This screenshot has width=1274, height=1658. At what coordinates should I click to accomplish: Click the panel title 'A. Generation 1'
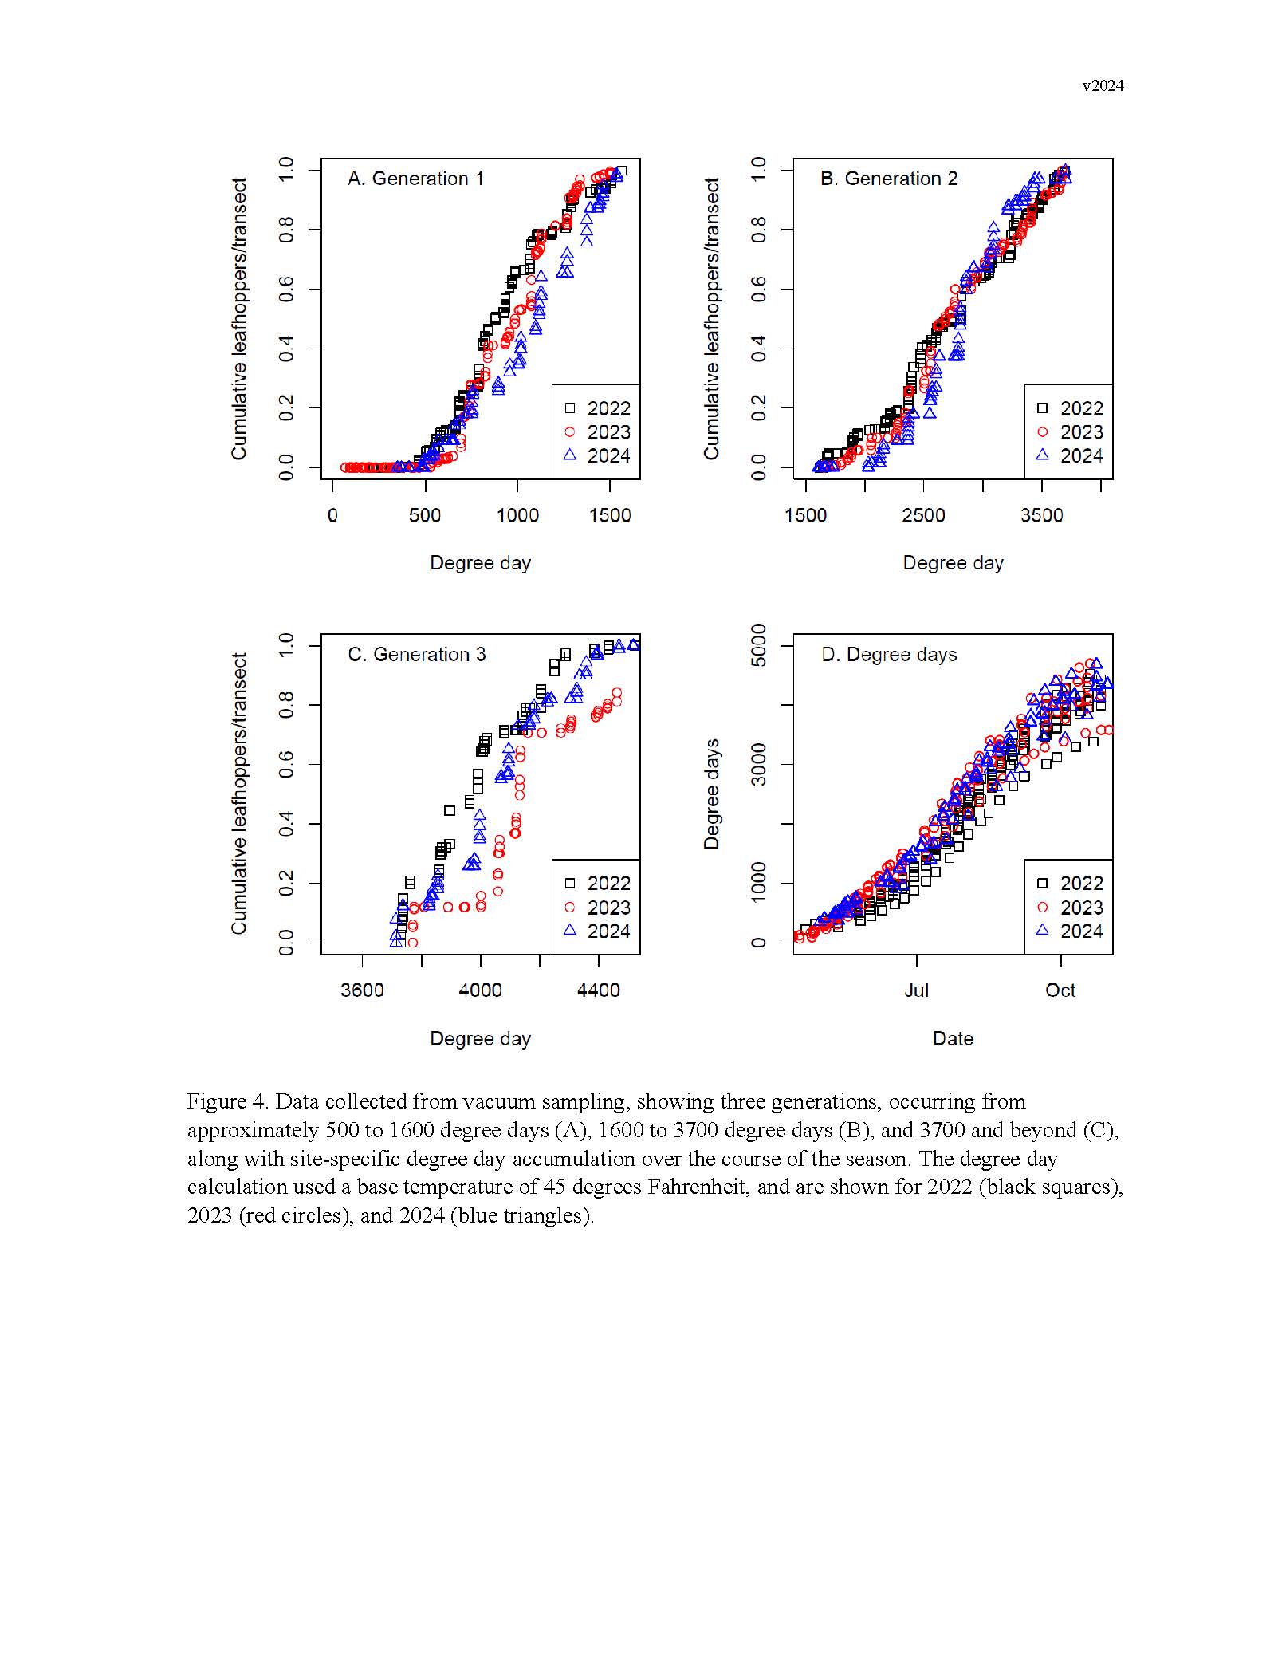[415, 179]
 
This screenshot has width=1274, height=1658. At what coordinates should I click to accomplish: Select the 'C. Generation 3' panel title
[416, 654]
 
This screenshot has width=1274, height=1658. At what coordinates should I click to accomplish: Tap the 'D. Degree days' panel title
[888, 654]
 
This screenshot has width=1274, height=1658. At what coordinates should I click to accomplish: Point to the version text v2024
[1102, 86]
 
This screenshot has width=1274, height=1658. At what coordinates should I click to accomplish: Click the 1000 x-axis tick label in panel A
[517, 515]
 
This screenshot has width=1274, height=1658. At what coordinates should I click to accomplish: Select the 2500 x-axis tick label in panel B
[923, 515]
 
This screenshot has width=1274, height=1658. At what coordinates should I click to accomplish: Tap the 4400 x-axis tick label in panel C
[598, 990]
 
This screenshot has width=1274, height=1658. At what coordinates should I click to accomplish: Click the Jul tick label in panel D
[916, 990]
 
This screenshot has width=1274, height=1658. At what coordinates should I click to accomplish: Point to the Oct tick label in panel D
[1060, 990]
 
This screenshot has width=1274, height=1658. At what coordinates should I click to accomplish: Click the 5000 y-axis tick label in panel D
[759, 645]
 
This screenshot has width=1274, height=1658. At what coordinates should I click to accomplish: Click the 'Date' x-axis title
[953, 1038]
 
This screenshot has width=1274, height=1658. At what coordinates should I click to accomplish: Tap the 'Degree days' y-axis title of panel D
[712, 794]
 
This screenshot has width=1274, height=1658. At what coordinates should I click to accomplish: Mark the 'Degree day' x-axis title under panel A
[480, 563]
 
